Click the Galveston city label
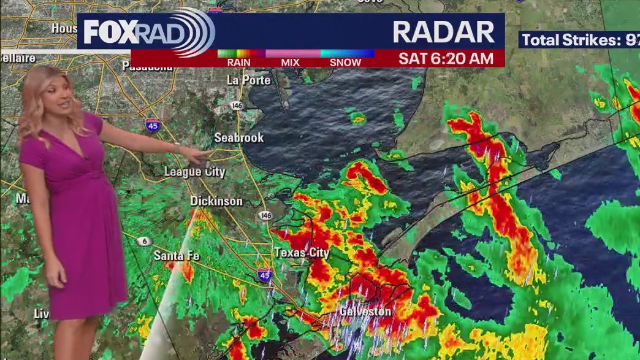click(365, 312)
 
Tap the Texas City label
click(302, 253)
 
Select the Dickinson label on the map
click(216, 201)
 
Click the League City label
click(194, 172)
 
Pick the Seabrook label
click(238, 138)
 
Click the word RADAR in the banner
click(443, 32)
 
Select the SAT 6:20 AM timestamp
click(446, 58)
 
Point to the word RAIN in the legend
click(238, 62)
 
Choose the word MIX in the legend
click(290, 62)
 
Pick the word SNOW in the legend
click(345, 62)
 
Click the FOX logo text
click(109, 32)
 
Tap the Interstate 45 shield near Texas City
click(265, 274)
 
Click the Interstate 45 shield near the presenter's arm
click(153, 125)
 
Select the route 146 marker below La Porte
click(237, 105)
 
